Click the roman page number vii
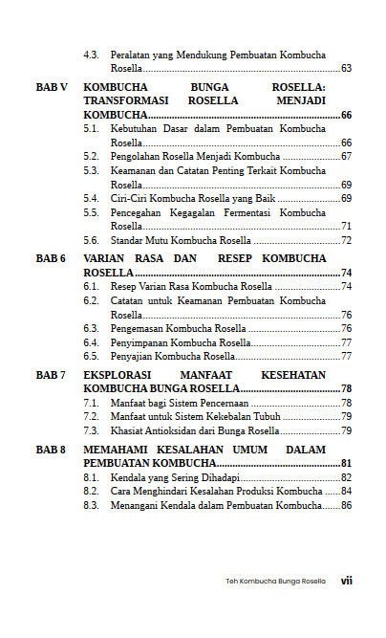click(x=347, y=581)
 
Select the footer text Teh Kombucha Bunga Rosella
click(x=275, y=581)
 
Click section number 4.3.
click(x=92, y=55)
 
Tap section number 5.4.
click(x=92, y=198)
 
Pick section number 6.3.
click(x=92, y=328)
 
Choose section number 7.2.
click(x=92, y=416)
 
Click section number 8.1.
click(x=92, y=477)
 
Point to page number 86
click(x=346, y=505)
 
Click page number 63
click(x=346, y=69)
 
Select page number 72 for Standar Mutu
click(x=346, y=240)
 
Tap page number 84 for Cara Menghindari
click(x=346, y=491)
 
